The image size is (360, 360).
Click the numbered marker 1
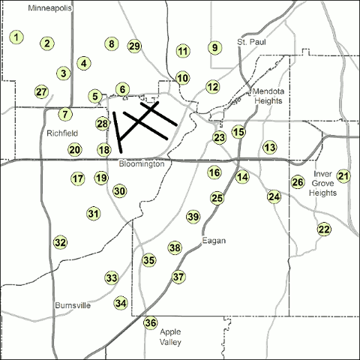pos(16,36)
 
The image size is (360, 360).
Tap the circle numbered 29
pos(135,46)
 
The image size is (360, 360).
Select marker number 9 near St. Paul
pos(214,48)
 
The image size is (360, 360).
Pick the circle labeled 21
pos(343,176)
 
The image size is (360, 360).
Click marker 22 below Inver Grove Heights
pos(324,229)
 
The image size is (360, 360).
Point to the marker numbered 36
pos(151,323)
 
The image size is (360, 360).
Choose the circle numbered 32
pos(60,242)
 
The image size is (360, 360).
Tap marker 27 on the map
pos(41,91)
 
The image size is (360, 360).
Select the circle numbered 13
pos(269,147)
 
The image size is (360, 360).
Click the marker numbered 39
pos(193,217)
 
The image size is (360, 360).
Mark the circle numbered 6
pos(121,89)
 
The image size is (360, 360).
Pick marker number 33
pos(111,278)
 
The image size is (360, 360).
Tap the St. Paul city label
pos(251,42)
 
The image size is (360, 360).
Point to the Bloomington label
pos(141,163)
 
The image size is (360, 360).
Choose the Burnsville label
pos(73,306)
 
